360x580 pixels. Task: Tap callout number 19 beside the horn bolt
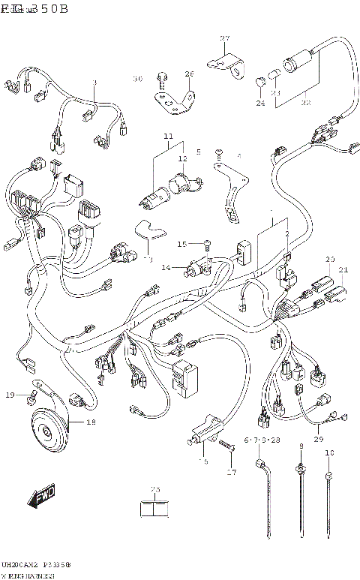[x=10, y=395]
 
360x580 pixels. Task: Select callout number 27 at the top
[x=224, y=39]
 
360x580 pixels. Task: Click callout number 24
[x=260, y=103]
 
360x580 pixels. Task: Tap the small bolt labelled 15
[x=208, y=243]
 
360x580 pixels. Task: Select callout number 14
[x=166, y=267]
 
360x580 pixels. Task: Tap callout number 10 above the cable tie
[x=329, y=453]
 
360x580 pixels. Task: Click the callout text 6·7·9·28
[x=260, y=440]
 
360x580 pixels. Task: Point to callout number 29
[x=318, y=439]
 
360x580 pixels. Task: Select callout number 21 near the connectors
[x=343, y=270]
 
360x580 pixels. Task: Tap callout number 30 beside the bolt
[x=137, y=79]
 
